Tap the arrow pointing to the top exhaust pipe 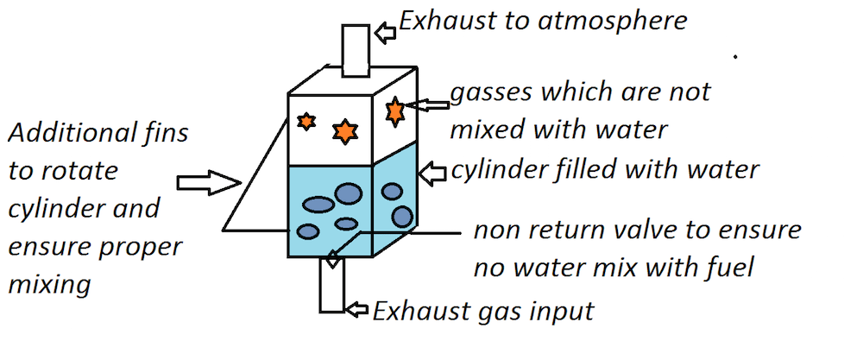coord(387,33)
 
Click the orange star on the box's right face coord(395,111)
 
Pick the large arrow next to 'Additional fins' coord(207,182)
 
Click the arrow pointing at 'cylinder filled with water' coord(432,173)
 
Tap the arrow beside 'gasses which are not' coord(429,105)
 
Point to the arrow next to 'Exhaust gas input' coord(356,308)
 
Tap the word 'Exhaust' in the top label coord(439,19)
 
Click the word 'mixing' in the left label coord(48,285)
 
